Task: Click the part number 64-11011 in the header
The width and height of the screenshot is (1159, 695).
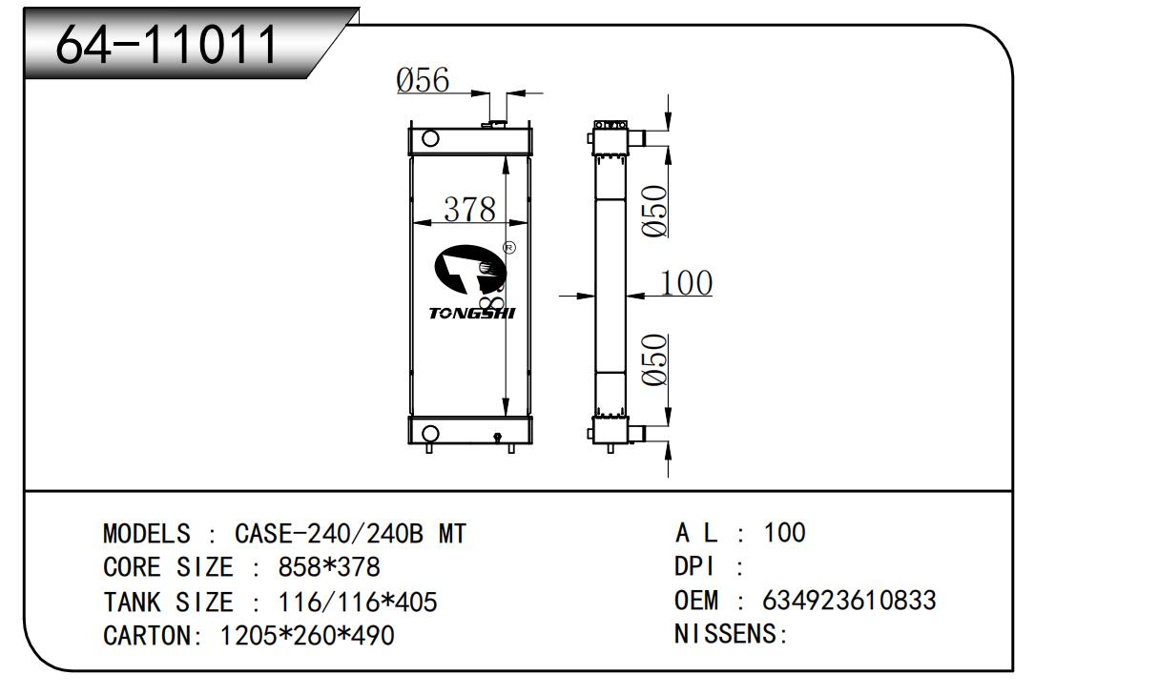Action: (x=167, y=43)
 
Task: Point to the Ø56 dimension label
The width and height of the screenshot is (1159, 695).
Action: (x=423, y=81)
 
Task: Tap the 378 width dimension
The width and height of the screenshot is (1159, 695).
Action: (x=469, y=209)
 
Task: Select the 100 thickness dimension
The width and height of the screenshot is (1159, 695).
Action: (x=686, y=283)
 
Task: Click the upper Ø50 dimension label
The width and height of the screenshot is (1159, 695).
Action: (x=654, y=211)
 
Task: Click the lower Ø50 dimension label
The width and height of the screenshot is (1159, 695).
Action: (x=654, y=360)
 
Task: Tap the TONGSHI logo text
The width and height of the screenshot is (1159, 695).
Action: (x=471, y=313)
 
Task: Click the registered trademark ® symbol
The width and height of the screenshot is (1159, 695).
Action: (x=508, y=248)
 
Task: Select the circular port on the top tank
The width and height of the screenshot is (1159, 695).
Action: (x=430, y=139)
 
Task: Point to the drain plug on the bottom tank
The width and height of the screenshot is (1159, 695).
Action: (x=497, y=438)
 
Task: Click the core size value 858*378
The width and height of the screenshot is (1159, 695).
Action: (x=328, y=567)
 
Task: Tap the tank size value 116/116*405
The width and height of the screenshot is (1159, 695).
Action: (x=357, y=602)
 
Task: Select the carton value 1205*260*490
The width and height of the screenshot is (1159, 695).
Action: (x=306, y=635)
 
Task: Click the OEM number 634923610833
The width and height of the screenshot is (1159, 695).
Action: (x=849, y=601)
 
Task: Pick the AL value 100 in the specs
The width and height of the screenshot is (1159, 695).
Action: (x=784, y=533)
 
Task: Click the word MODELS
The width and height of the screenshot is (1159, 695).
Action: (x=146, y=534)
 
